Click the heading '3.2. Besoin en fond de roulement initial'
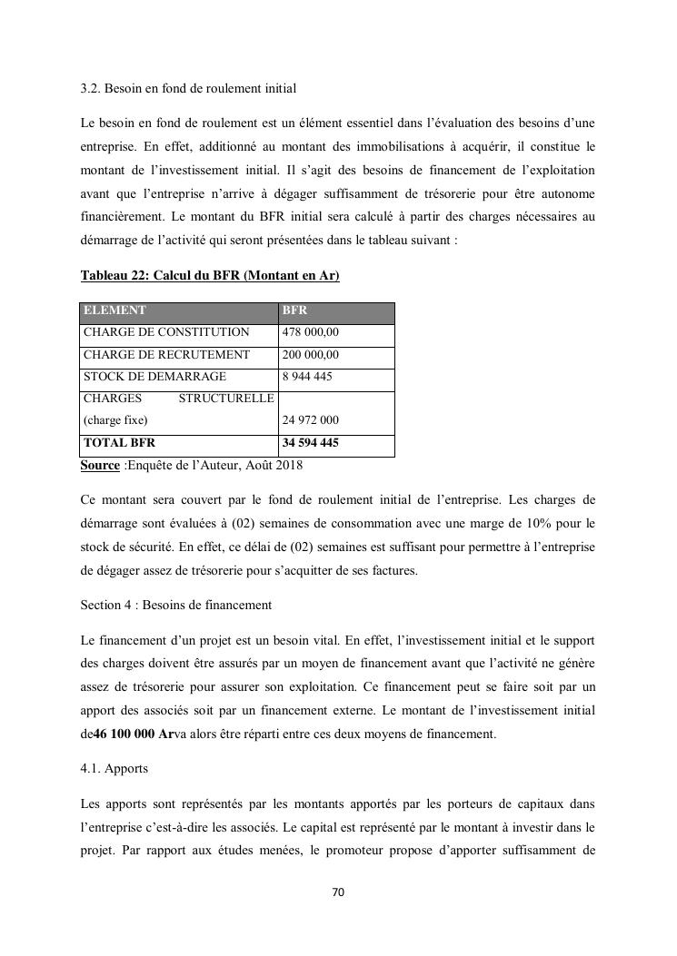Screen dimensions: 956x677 [x=188, y=88]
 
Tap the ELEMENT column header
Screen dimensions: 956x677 [x=114, y=310]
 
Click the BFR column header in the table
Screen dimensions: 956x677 [x=294, y=310]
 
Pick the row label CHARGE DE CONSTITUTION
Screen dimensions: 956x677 [x=166, y=332]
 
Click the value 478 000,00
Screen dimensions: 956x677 [x=311, y=332]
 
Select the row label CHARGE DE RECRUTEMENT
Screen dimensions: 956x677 [x=166, y=355]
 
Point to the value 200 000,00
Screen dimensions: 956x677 [x=311, y=355]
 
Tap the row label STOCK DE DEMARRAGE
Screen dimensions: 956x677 [x=154, y=377]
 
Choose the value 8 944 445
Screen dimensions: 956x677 [x=307, y=377]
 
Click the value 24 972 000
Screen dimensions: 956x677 [x=311, y=420]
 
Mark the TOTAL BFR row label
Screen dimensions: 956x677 [x=119, y=443]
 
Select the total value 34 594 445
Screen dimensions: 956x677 [x=311, y=443]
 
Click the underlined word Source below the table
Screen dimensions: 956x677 [x=100, y=465]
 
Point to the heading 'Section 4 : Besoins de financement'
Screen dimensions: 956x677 [x=176, y=605]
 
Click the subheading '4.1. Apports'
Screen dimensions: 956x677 [x=114, y=768]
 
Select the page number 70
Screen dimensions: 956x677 [x=338, y=892]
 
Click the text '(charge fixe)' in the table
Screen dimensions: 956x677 [x=115, y=420]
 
